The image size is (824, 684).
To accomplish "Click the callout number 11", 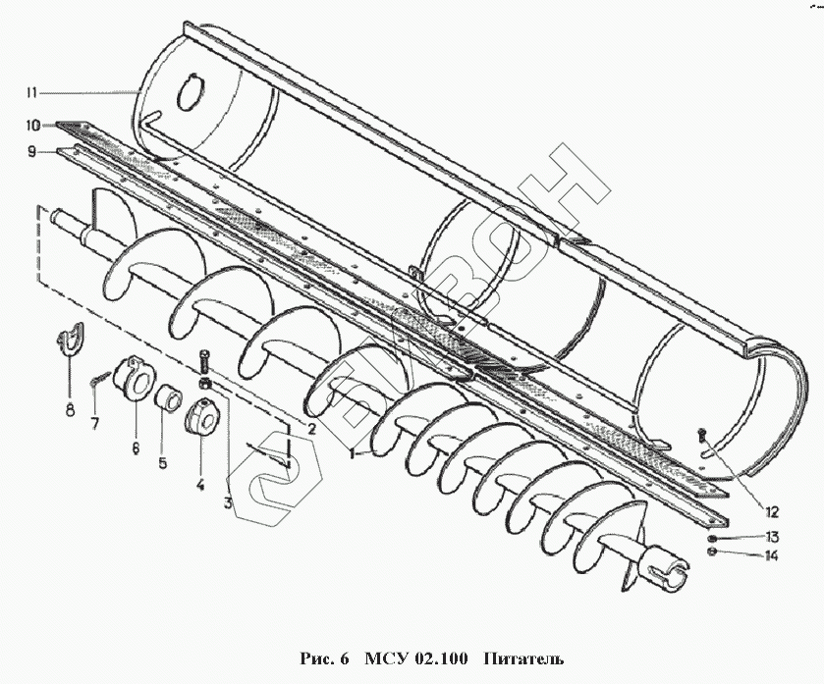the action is point(32,93).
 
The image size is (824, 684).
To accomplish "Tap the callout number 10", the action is point(32,126).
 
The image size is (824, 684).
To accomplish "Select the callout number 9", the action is point(32,152).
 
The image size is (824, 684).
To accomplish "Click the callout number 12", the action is point(771,511).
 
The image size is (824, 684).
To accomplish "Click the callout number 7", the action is point(95,423).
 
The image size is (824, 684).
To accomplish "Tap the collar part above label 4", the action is point(201,420).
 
